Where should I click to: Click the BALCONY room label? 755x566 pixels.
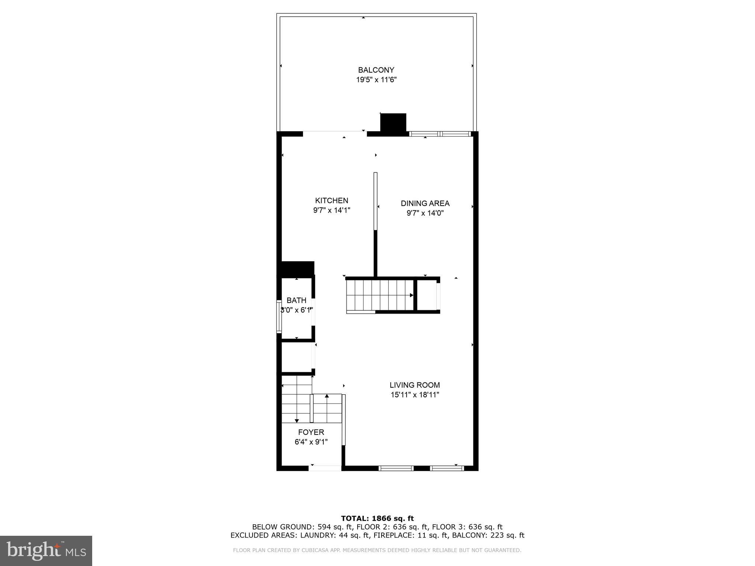pos(376,70)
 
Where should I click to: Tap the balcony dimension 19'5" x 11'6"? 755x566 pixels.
pos(376,80)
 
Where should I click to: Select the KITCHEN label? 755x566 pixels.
pos(331,200)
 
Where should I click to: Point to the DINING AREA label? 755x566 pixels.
pos(425,203)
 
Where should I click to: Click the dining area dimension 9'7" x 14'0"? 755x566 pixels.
pos(425,213)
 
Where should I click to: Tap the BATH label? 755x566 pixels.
pos(296,300)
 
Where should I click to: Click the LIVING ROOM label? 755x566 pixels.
pos(415,385)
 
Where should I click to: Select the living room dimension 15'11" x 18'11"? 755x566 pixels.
pos(415,395)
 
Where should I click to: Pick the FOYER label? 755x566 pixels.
pos(311,432)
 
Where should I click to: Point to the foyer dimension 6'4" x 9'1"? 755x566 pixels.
pos(311,442)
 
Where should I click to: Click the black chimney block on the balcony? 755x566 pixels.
pos(393,122)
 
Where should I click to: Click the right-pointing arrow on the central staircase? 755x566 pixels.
pos(411,295)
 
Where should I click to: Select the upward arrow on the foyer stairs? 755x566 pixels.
pos(327,396)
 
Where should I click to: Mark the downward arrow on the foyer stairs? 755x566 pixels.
pos(297,420)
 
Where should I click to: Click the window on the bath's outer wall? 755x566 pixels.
pos(279,317)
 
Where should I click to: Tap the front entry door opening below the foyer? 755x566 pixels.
pos(325,468)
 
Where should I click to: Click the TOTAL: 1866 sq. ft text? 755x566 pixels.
pos(377,518)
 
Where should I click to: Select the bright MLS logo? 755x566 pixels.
pos(46,551)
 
